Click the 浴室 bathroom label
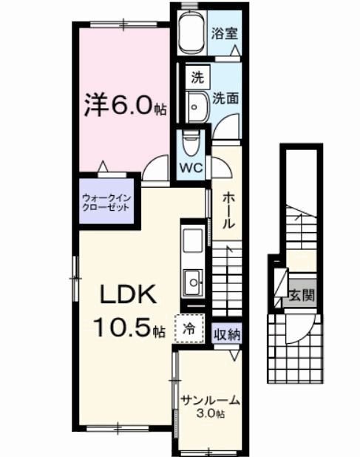(224, 33)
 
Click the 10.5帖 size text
(127, 326)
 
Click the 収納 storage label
(227, 334)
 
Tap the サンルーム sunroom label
(211, 400)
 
